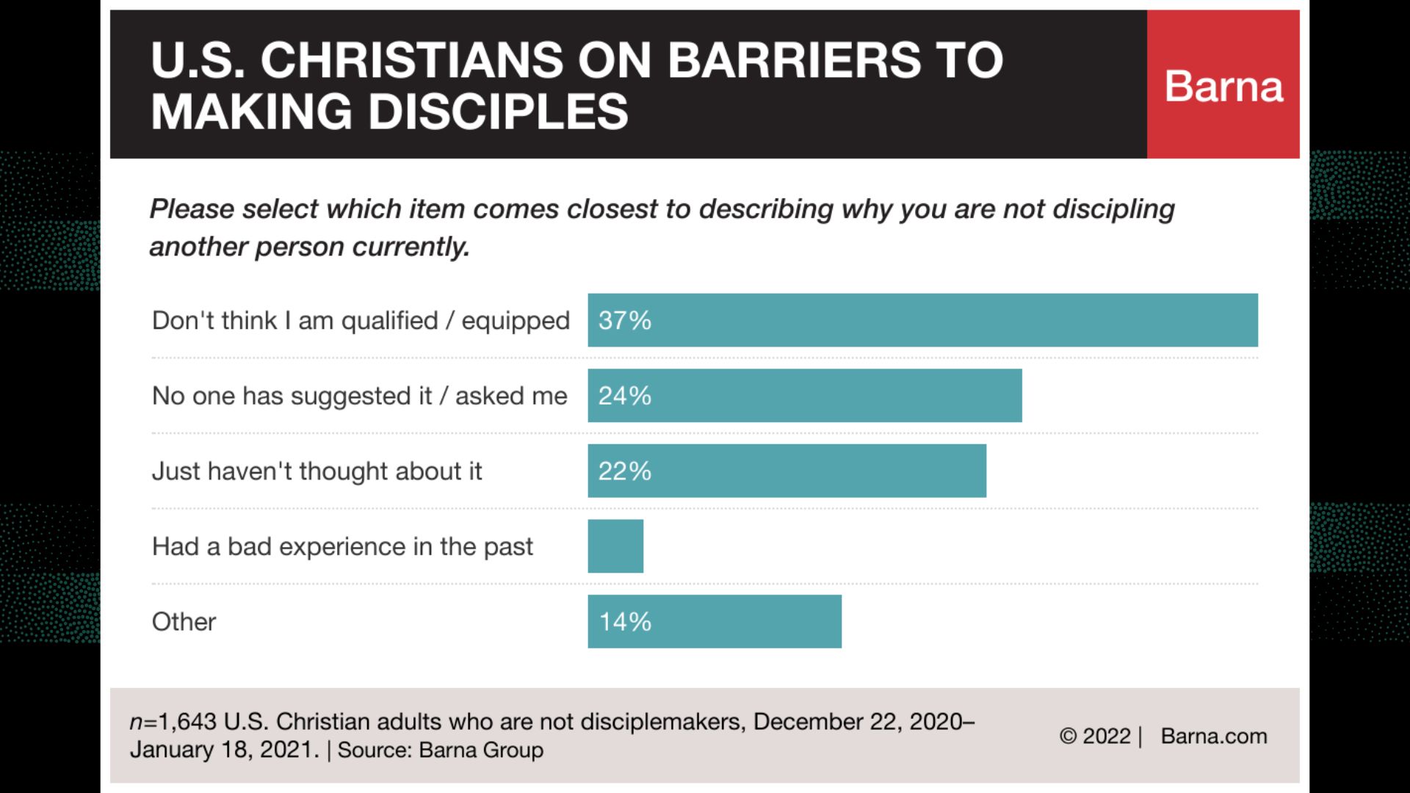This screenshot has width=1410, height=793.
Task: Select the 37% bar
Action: (922, 320)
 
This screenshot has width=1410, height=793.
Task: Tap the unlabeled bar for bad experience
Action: (615, 546)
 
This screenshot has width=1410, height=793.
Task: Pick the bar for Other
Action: (715, 621)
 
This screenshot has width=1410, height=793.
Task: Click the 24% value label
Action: (624, 396)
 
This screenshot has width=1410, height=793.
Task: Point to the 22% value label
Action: (624, 471)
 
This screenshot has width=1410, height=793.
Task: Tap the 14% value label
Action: (625, 622)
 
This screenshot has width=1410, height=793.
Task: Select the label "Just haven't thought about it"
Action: (317, 471)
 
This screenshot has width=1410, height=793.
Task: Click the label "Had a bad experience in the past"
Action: (342, 547)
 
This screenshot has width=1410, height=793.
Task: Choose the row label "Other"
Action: (184, 622)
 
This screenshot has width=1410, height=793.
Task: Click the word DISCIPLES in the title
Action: (498, 112)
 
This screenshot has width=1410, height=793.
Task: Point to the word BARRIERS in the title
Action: (794, 60)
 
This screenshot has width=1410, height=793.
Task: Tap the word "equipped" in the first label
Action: (516, 322)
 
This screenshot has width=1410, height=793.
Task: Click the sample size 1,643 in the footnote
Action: (187, 722)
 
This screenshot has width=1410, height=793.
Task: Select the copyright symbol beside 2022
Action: (1068, 736)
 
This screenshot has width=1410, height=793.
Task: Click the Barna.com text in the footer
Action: (1214, 736)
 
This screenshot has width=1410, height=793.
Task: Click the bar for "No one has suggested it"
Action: (804, 396)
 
